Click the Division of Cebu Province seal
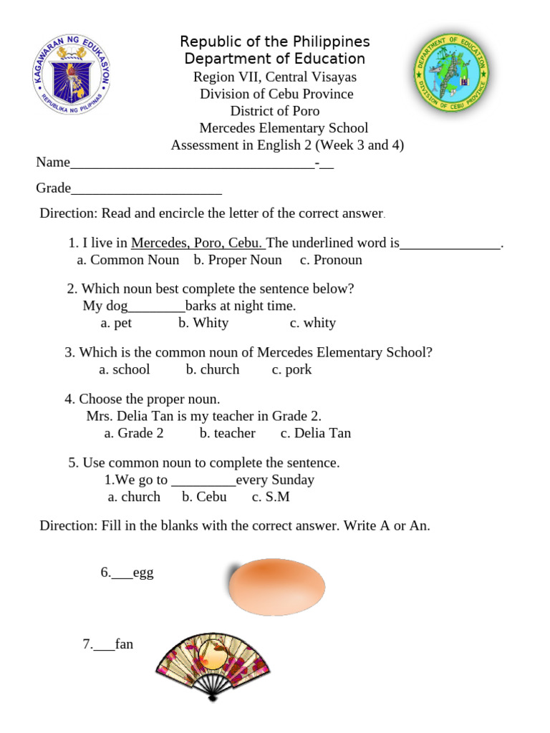452,75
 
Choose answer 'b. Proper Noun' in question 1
238,260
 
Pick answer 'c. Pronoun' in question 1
331,260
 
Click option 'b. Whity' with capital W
203,323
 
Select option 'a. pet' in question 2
116,323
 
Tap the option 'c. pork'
291,369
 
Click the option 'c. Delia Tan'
316,433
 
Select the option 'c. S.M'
271,497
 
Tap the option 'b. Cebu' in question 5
204,497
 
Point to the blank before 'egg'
122,576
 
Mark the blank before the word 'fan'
104,647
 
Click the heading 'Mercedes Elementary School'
284,128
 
